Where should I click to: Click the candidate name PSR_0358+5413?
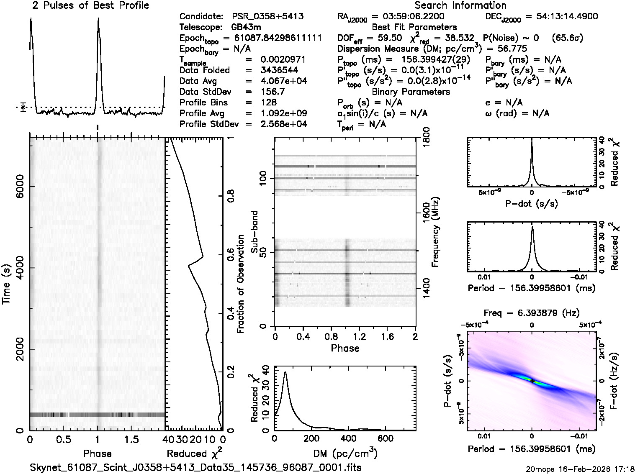[x=267, y=17]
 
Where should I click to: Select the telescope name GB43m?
[x=247, y=28]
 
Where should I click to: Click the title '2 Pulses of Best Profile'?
[x=90, y=6]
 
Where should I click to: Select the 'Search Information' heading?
[x=460, y=6]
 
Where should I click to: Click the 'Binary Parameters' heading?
[x=411, y=92]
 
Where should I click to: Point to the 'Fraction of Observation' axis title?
[x=240, y=284]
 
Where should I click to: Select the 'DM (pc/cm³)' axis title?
[x=345, y=453]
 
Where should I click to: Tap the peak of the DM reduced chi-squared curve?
[x=285, y=372]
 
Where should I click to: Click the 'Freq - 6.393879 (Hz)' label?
[x=532, y=313]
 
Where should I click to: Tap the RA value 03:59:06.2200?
[x=408, y=17]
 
